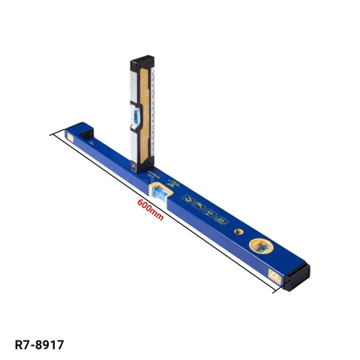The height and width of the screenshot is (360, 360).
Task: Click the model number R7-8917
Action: click(x=39, y=345)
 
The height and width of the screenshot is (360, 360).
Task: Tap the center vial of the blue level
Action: click(x=160, y=194)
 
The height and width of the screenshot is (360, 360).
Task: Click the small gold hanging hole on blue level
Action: click(x=238, y=231)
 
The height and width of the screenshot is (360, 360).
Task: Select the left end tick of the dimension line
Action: click(x=52, y=135)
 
